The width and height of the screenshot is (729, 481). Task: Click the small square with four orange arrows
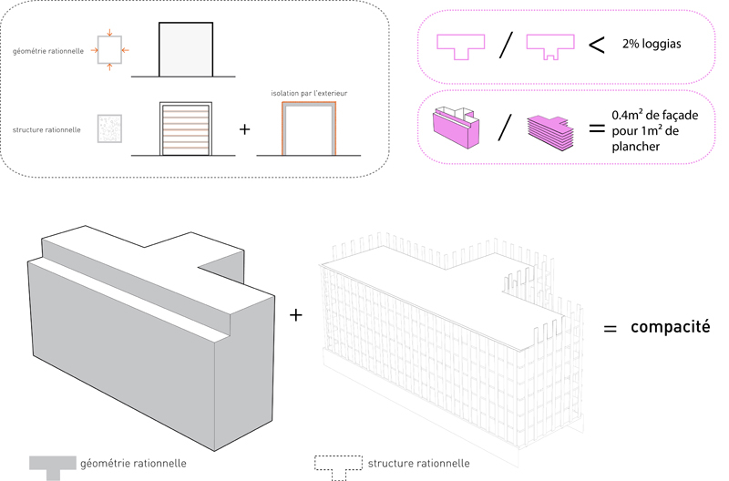coord(108,50)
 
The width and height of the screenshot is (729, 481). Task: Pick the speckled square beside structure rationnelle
coord(108,128)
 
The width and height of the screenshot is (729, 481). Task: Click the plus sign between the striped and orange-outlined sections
coord(243,129)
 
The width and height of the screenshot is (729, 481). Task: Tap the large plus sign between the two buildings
coord(295,314)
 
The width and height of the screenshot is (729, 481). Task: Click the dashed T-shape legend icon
coord(336,466)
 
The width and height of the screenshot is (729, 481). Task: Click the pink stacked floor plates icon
coord(549,129)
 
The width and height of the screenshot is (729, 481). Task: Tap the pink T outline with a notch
coord(551,46)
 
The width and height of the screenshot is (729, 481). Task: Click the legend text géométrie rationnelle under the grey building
coord(134,464)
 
